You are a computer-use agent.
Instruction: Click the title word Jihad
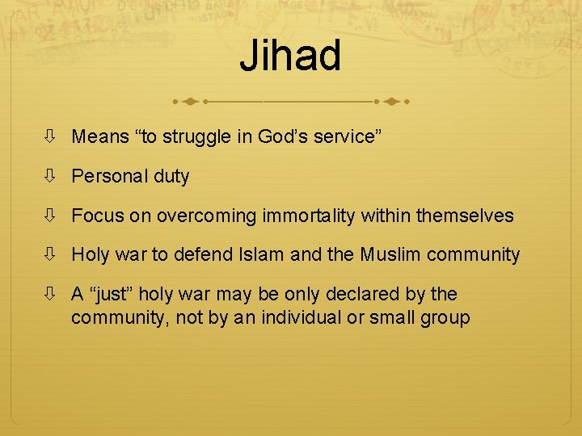pos(290,56)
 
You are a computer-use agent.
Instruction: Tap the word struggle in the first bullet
pos(195,137)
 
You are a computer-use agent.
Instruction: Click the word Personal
pos(108,177)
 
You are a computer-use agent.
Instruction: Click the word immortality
pos(310,216)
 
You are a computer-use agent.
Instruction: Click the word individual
pos(282,317)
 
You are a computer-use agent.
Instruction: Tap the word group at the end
pos(445,318)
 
